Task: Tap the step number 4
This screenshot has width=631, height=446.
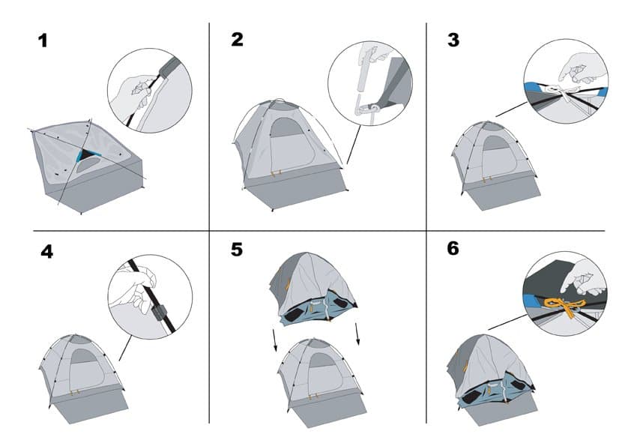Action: click(46, 250)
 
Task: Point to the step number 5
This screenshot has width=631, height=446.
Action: click(237, 250)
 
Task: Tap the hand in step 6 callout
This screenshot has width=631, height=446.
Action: click(585, 278)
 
